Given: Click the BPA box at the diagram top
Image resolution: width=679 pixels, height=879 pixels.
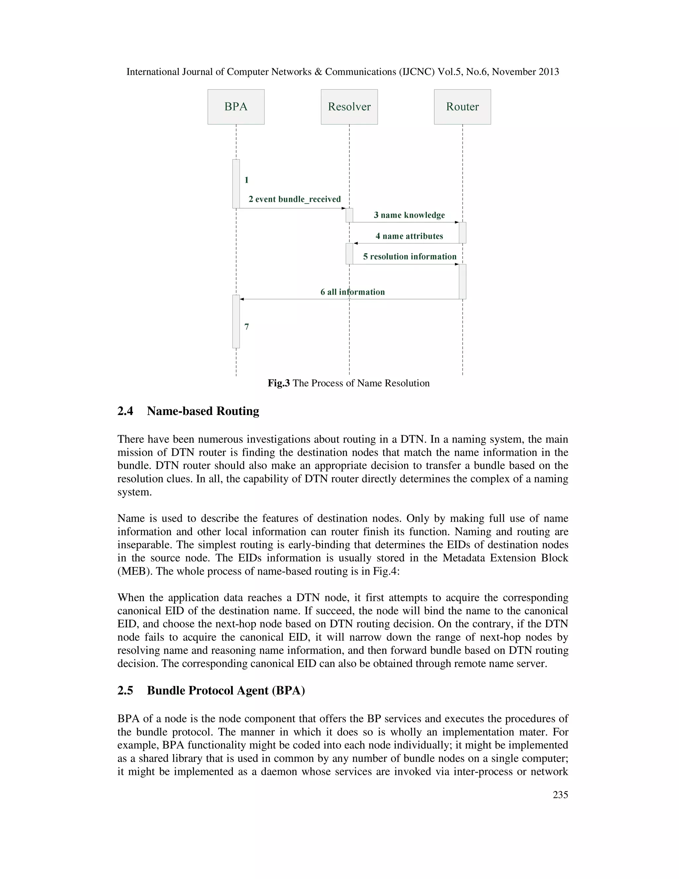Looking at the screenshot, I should (236, 107).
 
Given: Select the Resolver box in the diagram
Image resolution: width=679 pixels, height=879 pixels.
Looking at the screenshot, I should (349, 107).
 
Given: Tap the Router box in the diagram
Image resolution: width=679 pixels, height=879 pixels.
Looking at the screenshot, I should (462, 107).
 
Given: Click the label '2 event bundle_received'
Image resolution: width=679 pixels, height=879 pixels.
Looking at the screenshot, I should (294, 199).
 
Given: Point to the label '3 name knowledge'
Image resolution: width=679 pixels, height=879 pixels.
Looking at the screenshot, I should (409, 215).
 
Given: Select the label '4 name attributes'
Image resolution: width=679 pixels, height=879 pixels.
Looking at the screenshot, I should (409, 236).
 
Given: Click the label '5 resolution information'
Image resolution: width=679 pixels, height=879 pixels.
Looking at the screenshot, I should (409, 257).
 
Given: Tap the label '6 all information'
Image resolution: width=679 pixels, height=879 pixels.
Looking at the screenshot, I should (352, 292).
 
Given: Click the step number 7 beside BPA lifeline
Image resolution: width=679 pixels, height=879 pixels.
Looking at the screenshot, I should (247, 327).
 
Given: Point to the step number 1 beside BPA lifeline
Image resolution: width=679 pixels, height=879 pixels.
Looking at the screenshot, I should (247, 180).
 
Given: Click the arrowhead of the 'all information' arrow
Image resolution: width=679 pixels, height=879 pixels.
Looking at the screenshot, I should (242, 299).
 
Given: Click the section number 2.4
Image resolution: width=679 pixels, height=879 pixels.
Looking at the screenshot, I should (125, 411).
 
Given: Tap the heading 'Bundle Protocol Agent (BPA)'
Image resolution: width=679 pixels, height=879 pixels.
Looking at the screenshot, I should (226, 690).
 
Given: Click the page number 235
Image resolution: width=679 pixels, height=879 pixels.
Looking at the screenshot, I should (560, 794).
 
